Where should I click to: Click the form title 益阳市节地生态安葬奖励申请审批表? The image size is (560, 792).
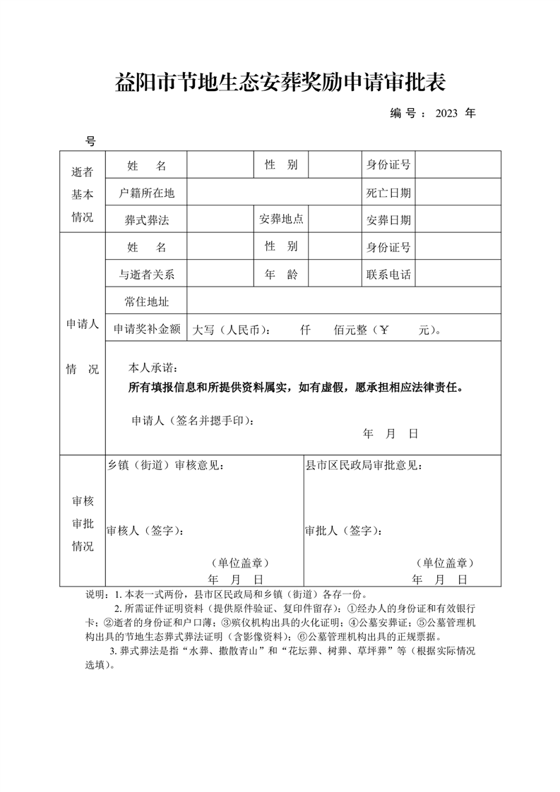coord(280,83)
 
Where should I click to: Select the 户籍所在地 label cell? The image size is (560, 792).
coord(147,193)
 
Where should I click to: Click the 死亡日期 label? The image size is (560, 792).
coord(388,193)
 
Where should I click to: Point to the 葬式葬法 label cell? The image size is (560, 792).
coord(147,220)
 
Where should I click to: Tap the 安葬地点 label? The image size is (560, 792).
coord(281,220)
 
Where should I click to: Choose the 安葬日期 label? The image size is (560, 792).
coord(388,220)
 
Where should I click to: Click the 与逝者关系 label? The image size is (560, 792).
coord(147,275)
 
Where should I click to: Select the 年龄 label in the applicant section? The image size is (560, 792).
coord(281,274)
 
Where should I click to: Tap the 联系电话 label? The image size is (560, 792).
coord(388,275)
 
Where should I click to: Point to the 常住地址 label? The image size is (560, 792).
coord(147,302)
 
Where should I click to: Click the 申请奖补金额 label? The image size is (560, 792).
coord(147,329)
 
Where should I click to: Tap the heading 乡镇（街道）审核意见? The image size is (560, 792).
coord(166,466)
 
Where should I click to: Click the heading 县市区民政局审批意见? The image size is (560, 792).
coord(364,466)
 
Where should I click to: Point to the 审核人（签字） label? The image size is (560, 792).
coord(145,530)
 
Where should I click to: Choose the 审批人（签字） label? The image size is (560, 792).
coord(344,530)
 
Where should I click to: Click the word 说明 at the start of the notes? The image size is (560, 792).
coord(95,594)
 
